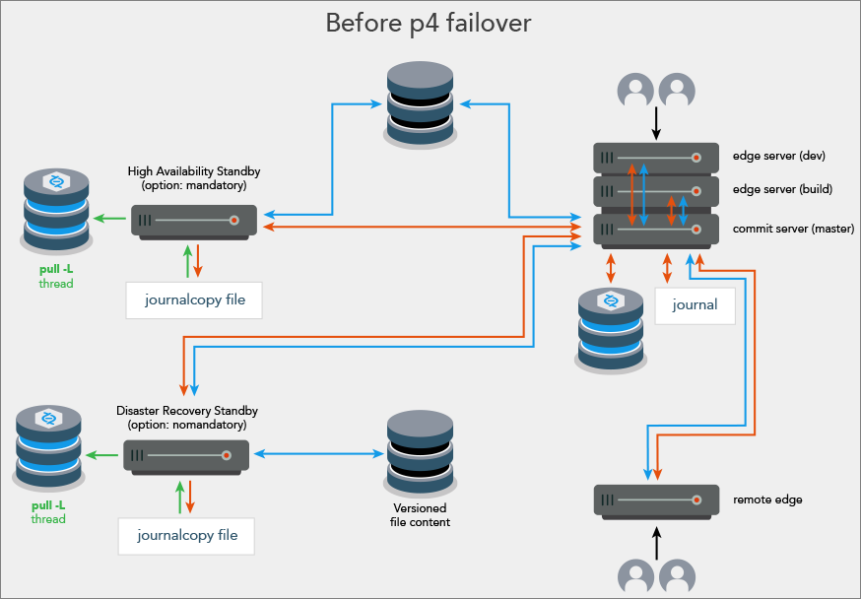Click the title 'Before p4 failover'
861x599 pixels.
(429, 23)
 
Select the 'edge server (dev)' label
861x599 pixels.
(777, 156)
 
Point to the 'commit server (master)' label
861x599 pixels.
(793, 229)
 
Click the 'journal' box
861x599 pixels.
(695, 305)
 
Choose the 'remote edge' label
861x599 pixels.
(767, 499)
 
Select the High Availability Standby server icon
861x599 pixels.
(194, 220)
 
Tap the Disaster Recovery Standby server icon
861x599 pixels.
(185, 454)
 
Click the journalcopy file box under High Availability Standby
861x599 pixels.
(194, 299)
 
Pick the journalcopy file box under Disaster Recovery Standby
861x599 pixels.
(185, 536)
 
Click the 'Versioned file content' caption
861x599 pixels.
(420, 515)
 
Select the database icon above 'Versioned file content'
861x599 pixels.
(420, 454)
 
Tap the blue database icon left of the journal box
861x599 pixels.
(611, 329)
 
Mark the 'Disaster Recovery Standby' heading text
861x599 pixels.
(187, 417)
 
